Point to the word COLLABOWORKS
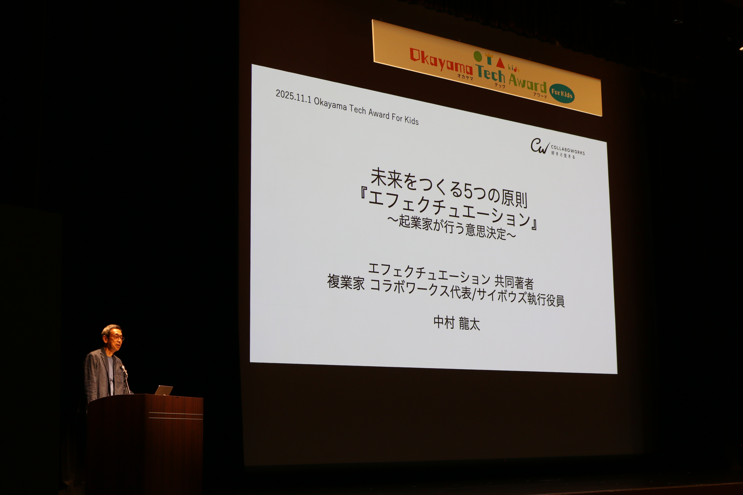tap(568, 150)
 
